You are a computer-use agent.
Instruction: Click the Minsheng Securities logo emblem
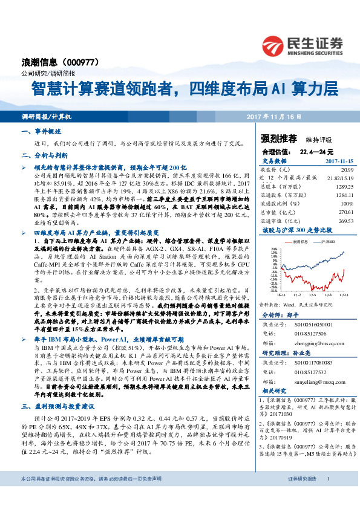275,44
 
